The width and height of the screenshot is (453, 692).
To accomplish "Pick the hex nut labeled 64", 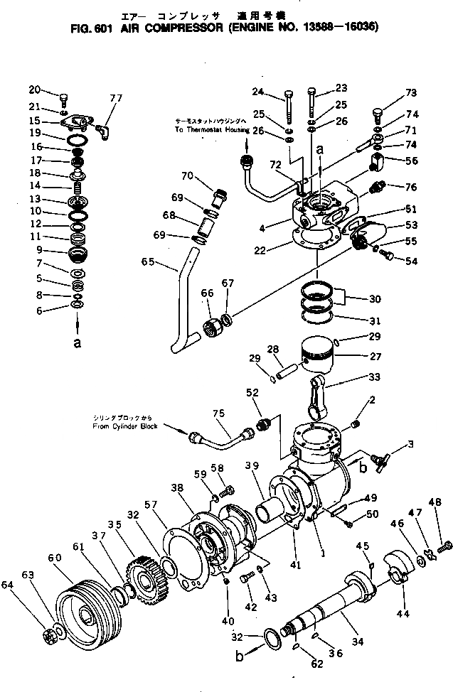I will (52, 632).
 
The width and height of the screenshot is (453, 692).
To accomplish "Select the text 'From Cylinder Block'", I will (124, 427).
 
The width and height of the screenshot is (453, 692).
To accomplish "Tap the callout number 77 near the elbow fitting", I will (116, 97).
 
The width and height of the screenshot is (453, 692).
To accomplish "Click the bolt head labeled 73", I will (378, 115).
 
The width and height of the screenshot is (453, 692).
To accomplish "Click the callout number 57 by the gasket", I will (149, 504).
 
